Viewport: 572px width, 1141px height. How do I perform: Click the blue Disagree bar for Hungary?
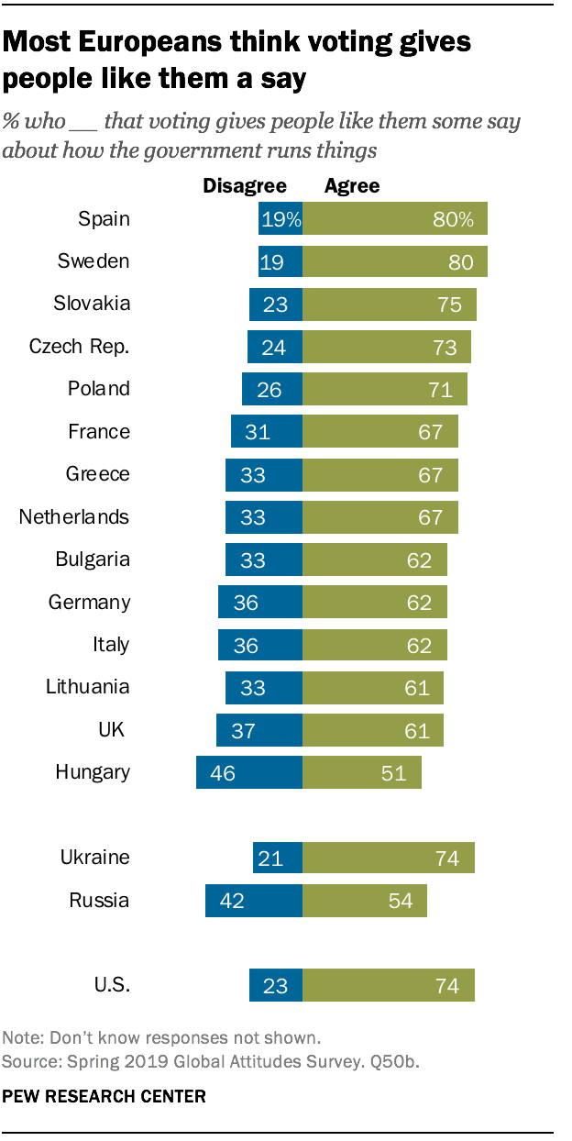(248, 772)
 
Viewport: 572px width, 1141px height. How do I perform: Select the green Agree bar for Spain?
(394, 219)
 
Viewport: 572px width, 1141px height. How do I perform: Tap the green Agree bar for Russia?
(364, 901)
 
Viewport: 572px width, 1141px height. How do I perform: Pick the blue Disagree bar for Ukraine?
(277, 858)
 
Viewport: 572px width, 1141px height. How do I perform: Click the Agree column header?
(352, 186)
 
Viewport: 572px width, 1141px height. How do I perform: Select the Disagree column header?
(245, 186)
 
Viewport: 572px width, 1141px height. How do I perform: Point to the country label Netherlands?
(74, 517)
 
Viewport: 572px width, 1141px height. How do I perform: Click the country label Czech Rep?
(80, 347)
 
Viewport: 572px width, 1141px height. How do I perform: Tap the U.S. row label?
(112, 986)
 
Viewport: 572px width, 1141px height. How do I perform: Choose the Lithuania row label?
(88, 687)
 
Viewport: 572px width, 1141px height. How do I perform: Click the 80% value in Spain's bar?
(455, 219)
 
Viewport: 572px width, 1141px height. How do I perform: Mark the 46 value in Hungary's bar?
(223, 772)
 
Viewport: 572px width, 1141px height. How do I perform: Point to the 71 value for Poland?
(441, 390)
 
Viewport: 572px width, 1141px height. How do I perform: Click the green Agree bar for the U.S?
(388, 986)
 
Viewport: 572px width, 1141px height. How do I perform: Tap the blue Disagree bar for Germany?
(259, 603)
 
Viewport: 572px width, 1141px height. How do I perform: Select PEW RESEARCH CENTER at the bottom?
(104, 1096)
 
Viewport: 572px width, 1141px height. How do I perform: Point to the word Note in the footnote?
(21, 1039)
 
